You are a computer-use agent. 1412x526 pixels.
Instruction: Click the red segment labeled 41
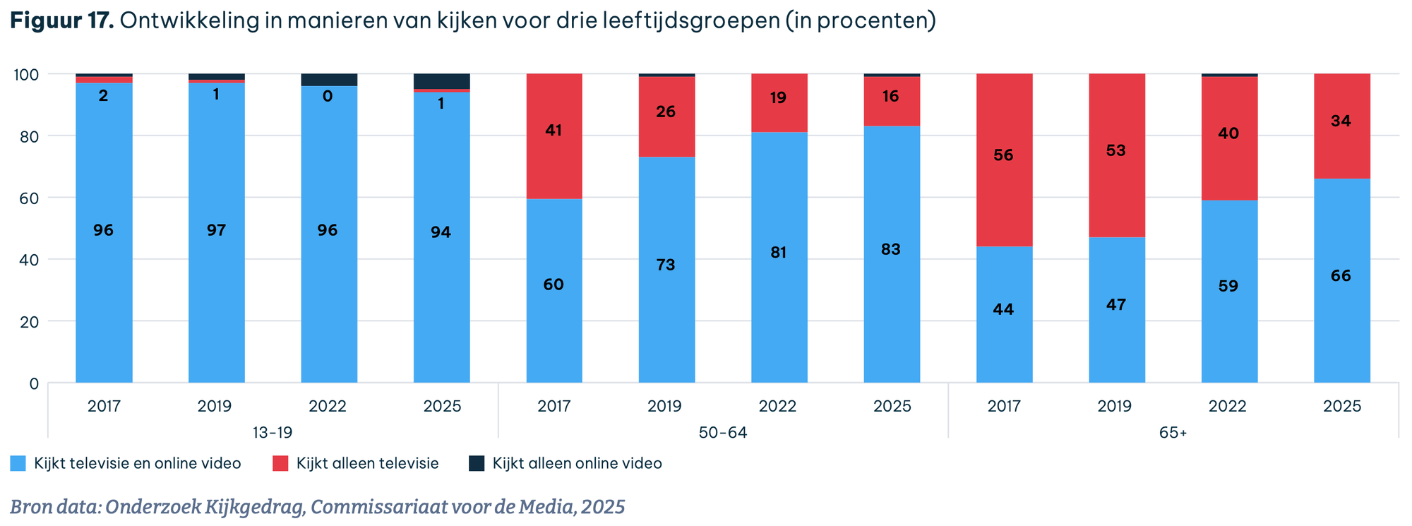554,136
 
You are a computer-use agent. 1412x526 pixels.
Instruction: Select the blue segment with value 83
892,254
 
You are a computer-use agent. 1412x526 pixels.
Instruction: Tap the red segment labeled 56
1004,160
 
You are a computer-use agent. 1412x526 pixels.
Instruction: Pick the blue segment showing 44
1004,314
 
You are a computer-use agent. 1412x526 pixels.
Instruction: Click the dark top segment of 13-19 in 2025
441,80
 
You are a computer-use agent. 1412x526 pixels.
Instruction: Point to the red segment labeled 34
1341,126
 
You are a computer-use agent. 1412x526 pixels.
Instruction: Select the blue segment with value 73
666,270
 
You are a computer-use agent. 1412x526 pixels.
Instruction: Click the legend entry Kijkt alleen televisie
367,464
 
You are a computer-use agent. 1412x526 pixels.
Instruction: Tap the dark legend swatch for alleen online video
477,464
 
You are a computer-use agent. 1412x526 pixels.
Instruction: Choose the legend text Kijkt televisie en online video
137,464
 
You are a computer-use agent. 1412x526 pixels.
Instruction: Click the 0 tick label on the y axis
34,383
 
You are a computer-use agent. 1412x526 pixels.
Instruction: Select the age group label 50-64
723,433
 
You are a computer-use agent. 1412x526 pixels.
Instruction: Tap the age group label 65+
1173,433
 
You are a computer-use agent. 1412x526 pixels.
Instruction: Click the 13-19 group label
273,433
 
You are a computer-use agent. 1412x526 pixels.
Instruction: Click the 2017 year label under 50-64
554,407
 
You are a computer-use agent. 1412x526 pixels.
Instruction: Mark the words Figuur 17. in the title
62,20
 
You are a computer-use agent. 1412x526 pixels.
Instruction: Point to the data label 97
216,230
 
